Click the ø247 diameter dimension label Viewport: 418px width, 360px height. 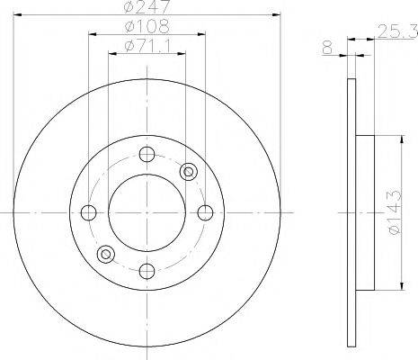147,6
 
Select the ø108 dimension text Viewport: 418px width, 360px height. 147,26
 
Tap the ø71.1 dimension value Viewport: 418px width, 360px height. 147,46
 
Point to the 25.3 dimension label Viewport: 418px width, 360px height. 397,31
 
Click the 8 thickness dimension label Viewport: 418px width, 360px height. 328,48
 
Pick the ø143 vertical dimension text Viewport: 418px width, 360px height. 394,212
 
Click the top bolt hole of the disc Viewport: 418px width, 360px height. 147,154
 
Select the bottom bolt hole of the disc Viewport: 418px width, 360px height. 147,271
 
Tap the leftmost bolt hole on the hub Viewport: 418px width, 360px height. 89,212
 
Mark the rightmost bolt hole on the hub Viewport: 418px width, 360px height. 205,212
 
